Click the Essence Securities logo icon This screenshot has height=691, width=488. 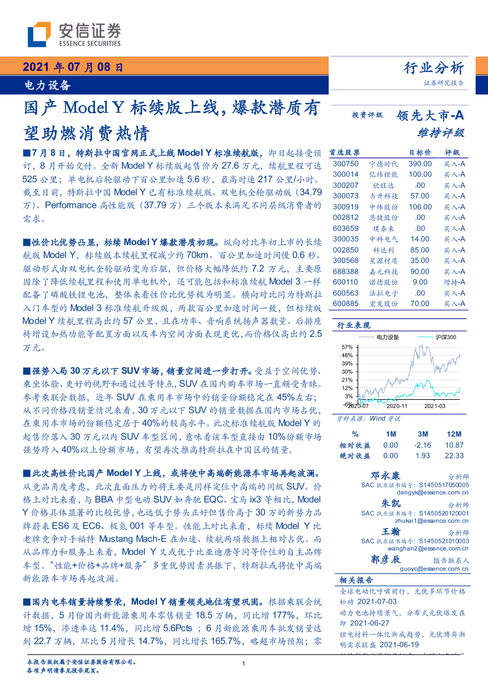(38, 34)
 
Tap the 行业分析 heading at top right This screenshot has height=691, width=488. (434, 68)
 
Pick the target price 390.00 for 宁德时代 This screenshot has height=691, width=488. (420, 164)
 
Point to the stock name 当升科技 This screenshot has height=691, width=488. (382, 195)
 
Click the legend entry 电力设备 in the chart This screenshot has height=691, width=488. (387, 337)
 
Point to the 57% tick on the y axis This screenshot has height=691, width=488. (347, 347)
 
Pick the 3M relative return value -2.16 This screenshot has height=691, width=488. (424, 445)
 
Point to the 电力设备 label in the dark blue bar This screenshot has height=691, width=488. (47, 85)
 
